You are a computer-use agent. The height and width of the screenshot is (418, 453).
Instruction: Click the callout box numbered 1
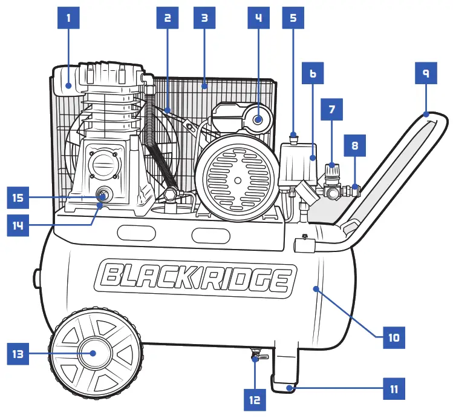coord(68,18)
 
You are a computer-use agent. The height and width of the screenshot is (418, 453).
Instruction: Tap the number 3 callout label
coord(204,18)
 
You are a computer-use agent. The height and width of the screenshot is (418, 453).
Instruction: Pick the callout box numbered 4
coord(258,18)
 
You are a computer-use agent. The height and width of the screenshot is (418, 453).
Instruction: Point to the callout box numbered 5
coord(293,18)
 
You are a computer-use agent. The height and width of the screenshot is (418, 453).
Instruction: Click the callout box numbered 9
coord(426,73)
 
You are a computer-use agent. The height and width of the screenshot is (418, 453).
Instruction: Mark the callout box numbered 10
coord(394,337)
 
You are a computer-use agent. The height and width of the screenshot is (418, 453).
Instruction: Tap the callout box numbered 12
coord(254,399)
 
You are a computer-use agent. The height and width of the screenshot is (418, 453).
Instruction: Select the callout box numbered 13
coord(18,353)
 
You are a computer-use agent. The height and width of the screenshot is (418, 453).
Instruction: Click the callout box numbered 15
coord(18,197)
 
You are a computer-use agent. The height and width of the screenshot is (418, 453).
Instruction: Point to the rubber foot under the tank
coord(285,384)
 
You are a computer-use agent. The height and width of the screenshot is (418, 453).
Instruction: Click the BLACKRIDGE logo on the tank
coord(194,278)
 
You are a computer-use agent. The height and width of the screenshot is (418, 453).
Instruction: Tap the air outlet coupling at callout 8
coord(354,190)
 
